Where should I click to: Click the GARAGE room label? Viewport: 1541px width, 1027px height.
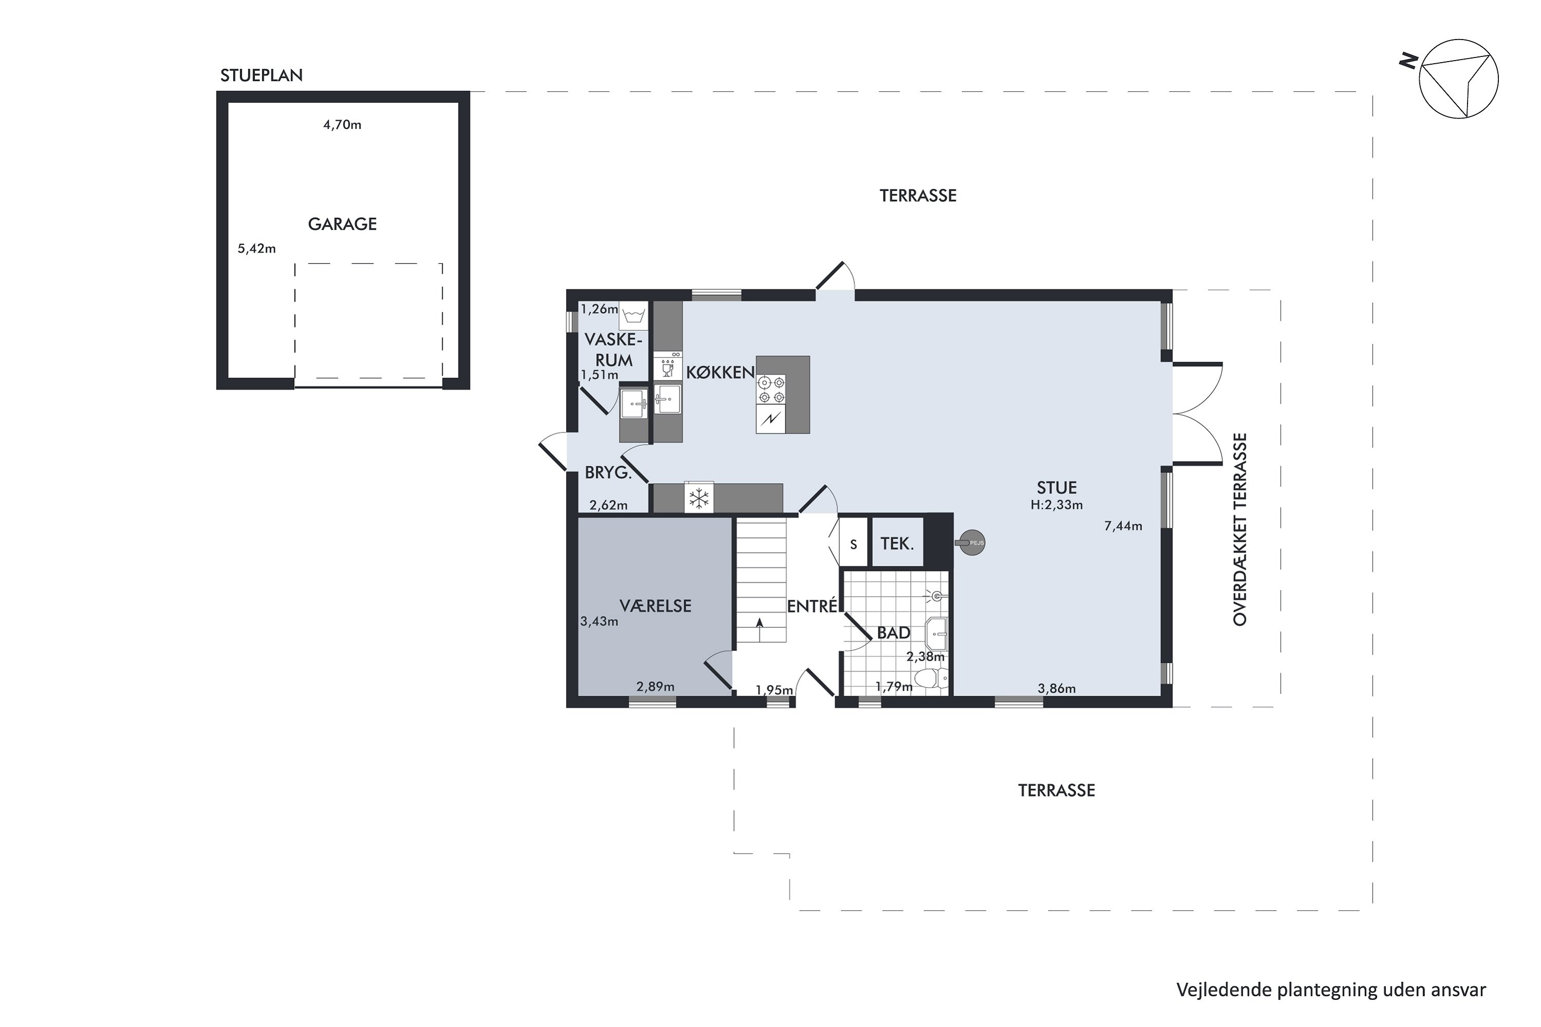342,224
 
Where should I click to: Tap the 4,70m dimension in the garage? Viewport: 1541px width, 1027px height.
342,124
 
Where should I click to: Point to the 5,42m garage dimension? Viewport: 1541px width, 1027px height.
256,248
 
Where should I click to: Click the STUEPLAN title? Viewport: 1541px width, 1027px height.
261,75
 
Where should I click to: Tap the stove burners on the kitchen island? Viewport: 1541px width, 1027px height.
771,389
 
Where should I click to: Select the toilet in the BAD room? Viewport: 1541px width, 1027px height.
931,678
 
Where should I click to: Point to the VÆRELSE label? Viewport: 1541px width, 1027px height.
655,606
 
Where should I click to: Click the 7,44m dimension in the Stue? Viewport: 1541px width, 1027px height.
1123,525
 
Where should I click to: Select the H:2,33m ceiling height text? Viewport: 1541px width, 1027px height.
1057,505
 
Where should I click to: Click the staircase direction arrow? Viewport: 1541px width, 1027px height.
760,630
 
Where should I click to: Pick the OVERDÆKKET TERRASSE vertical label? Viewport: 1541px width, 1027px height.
1239,529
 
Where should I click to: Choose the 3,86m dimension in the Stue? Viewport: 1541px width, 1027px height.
1057,689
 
